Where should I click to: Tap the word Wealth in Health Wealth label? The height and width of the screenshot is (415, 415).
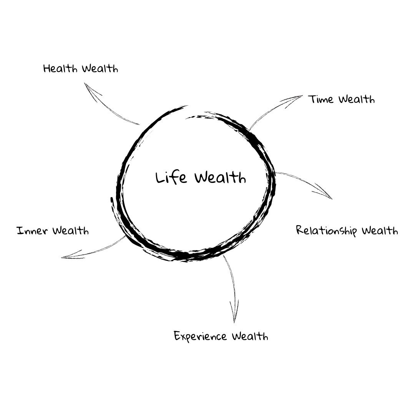(100, 69)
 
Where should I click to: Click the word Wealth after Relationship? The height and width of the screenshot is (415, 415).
(380, 231)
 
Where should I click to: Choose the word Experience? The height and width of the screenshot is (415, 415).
(200, 337)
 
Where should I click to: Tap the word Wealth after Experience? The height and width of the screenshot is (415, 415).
(250, 337)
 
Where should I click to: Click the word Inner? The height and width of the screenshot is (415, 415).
(32, 231)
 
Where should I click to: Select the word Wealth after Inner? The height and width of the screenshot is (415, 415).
(71, 231)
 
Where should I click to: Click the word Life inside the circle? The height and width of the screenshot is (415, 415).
(171, 178)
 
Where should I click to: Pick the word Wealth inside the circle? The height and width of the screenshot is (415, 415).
(220, 178)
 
